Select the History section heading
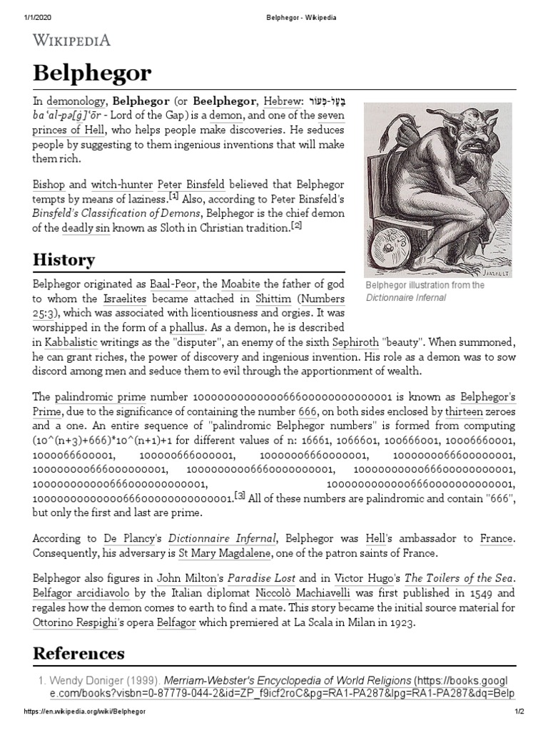click(x=64, y=259)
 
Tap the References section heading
click(x=78, y=653)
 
